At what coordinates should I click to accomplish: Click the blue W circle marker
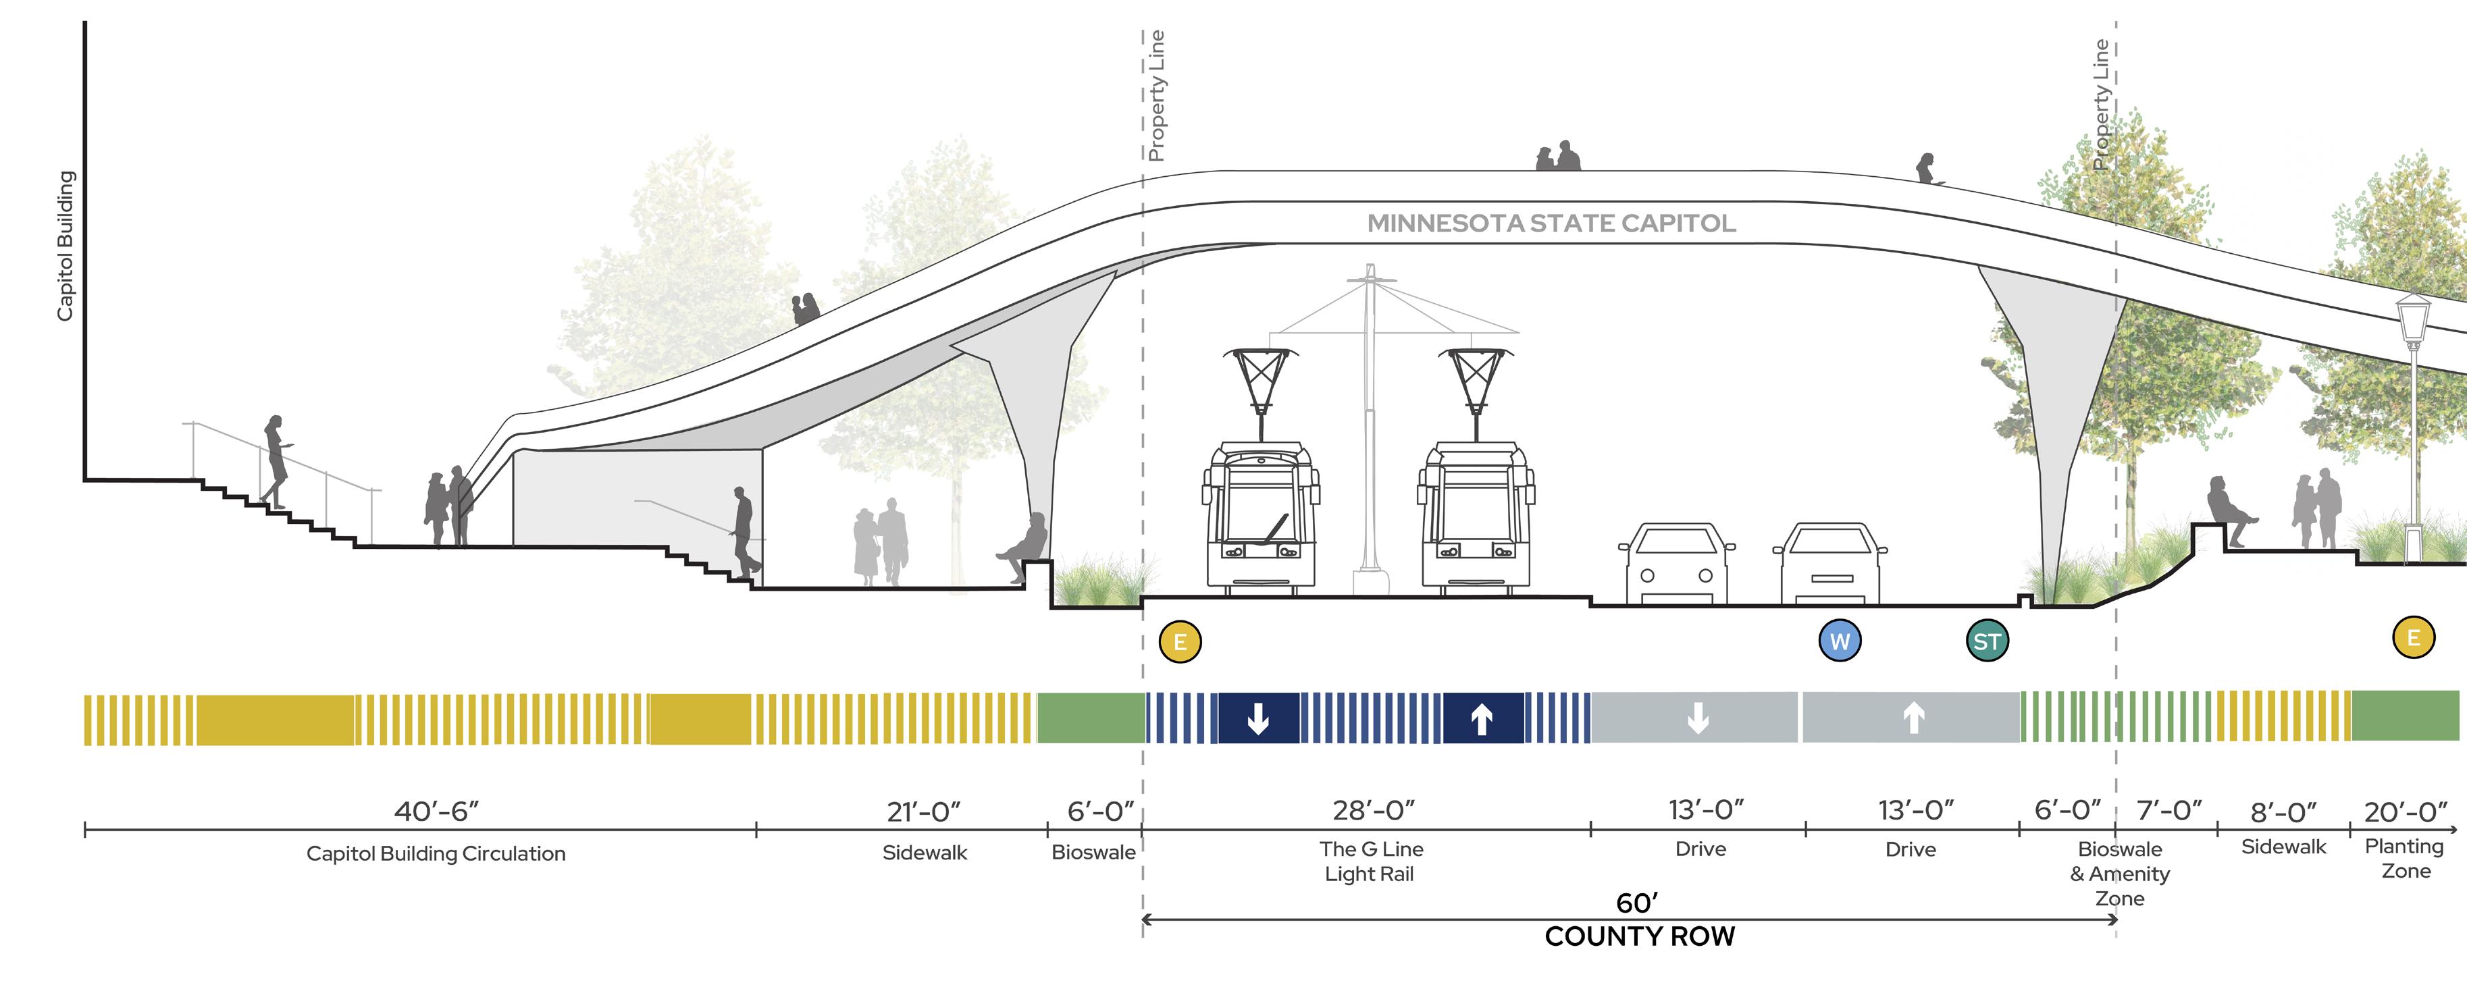point(1840,641)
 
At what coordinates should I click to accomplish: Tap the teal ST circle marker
point(1988,641)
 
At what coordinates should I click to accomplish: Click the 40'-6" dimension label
point(437,811)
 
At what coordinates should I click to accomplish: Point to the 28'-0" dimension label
point(1374,810)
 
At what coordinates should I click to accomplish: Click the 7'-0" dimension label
point(2169,811)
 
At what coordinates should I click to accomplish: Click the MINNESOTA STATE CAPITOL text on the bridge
point(1551,223)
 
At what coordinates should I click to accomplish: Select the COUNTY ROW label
point(1640,936)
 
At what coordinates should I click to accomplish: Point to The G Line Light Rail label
point(1370,861)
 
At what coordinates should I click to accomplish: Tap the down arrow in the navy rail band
point(1258,718)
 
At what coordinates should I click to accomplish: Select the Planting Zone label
point(2405,859)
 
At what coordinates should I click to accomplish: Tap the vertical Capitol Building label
point(65,246)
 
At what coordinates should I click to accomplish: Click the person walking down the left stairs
point(276,460)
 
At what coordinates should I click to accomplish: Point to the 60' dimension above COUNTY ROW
point(1637,903)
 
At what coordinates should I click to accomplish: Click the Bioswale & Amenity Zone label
point(2119,873)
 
